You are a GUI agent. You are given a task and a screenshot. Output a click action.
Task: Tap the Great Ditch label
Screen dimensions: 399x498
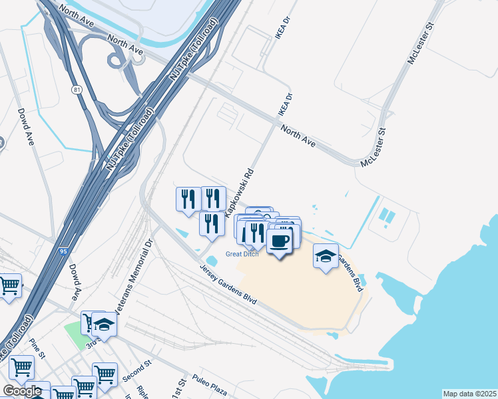pos(242,253)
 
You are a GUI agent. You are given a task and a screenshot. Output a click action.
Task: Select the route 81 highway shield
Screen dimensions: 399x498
pos(78,88)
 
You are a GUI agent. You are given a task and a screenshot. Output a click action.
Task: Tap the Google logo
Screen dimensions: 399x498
pos(22,391)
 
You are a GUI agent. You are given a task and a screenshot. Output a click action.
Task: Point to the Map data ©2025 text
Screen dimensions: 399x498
pos(469,394)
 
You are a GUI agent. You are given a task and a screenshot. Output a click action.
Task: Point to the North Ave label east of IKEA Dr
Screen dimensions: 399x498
pos(298,134)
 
